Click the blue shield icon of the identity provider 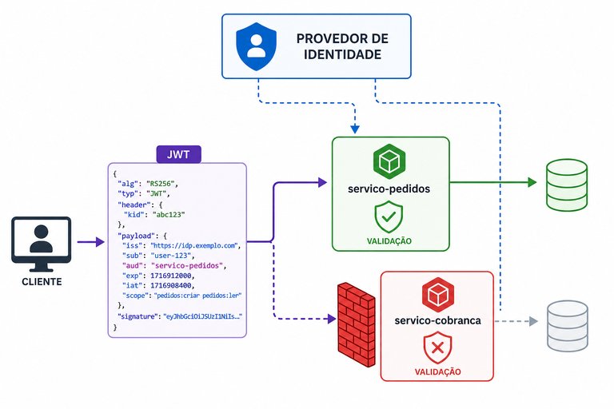pos(256,46)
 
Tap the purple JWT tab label pos(178,154)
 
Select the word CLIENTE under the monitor pos(42,282)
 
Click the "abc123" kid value pos(169,214)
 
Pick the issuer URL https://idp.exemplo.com pos(194,246)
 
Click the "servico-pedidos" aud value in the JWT pos(186,266)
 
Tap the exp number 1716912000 pos(171,276)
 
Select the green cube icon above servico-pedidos pos(389,161)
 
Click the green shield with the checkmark pos(389,216)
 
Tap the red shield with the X pos(437,347)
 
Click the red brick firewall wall pos(356,324)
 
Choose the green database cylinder pos(567,185)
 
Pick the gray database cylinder pos(568,326)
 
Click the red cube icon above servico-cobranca pos(438,294)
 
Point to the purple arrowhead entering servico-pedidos pos(322,182)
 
